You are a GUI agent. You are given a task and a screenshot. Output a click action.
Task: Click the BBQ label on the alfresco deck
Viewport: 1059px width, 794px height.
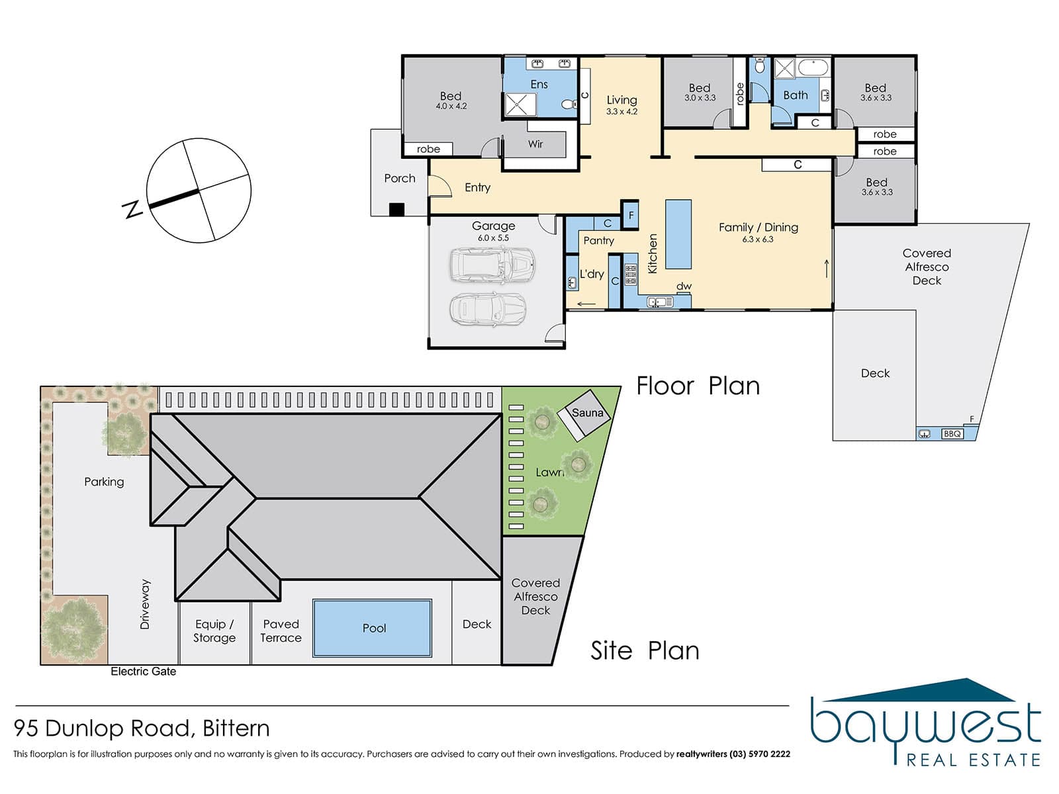952,434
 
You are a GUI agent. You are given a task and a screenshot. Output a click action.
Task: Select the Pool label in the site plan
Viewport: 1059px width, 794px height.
375,628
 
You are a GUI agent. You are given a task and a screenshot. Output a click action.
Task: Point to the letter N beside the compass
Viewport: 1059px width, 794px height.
132,209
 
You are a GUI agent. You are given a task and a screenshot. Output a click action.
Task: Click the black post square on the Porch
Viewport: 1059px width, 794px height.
396,210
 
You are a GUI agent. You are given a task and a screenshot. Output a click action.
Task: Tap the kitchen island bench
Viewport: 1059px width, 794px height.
678,234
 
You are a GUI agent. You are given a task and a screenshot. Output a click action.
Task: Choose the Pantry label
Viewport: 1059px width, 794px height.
599,241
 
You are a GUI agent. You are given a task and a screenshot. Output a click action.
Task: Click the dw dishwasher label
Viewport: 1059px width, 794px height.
684,287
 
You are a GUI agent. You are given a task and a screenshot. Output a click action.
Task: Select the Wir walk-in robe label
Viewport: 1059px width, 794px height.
535,144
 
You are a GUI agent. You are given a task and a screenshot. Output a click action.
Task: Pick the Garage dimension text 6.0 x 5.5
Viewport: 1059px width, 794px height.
493,238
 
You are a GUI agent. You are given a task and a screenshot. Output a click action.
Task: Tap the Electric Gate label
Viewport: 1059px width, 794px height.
143,672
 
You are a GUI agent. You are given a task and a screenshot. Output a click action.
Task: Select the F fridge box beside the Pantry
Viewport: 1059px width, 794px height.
630,215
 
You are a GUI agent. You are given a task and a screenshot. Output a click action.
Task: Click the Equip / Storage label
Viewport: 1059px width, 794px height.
214,631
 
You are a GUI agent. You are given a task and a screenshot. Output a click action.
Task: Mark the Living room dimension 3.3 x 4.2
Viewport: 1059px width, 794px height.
622,112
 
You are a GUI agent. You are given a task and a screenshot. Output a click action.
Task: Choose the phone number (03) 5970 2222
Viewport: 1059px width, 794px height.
759,754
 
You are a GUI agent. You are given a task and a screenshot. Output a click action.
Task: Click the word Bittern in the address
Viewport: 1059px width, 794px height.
236,728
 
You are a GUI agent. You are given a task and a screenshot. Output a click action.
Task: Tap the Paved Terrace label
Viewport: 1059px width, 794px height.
281,631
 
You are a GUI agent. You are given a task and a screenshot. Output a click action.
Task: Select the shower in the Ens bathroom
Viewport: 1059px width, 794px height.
520,105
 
